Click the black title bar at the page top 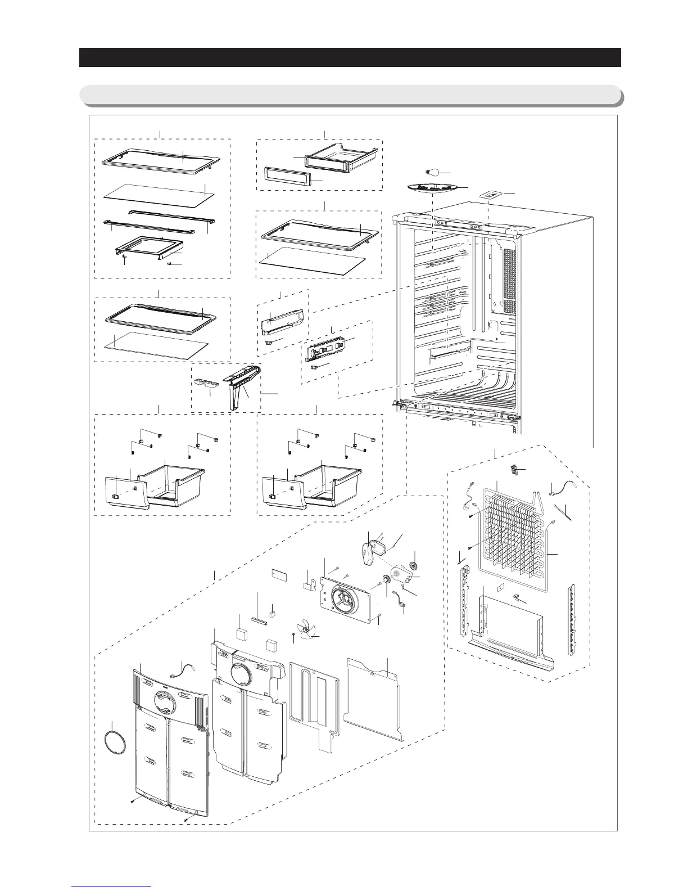[x=350, y=57]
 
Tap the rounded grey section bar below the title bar [x=350, y=95]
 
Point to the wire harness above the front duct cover [x=179, y=670]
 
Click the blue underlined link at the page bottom [x=112, y=886]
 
